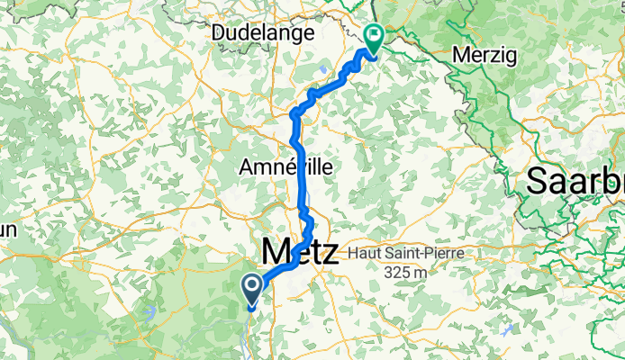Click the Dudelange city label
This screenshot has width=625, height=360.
pyautogui.click(x=262, y=32)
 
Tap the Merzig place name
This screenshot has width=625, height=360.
pyautogui.click(x=485, y=55)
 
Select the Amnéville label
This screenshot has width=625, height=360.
pyautogui.click(x=285, y=167)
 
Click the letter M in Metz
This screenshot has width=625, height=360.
pyautogui.click(x=276, y=250)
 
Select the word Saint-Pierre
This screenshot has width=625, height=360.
pyautogui.click(x=422, y=253)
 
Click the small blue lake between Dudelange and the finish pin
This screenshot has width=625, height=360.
pyautogui.click(x=323, y=67)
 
